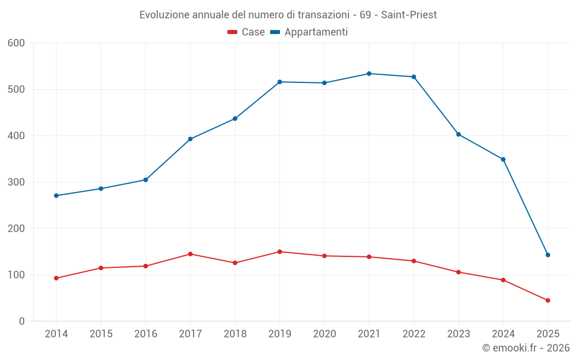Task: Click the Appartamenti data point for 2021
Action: (x=369, y=74)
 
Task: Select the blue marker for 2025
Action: (x=548, y=255)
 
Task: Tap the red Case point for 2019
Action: (x=280, y=252)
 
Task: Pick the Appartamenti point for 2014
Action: (x=56, y=196)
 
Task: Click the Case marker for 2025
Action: (x=548, y=301)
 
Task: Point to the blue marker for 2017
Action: (x=190, y=139)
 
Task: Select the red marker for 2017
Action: (x=190, y=254)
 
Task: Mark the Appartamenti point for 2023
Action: (x=458, y=134)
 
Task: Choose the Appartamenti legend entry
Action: (x=309, y=32)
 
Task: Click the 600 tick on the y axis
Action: (x=17, y=43)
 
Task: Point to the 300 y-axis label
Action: (x=17, y=183)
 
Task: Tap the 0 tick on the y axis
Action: (x=22, y=321)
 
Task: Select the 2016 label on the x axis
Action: (x=146, y=334)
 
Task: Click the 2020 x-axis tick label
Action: (x=324, y=334)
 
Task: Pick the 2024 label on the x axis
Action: (x=503, y=334)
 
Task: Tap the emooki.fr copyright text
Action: (x=526, y=348)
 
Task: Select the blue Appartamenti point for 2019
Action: (x=280, y=82)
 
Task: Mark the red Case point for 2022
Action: (x=414, y=261)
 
